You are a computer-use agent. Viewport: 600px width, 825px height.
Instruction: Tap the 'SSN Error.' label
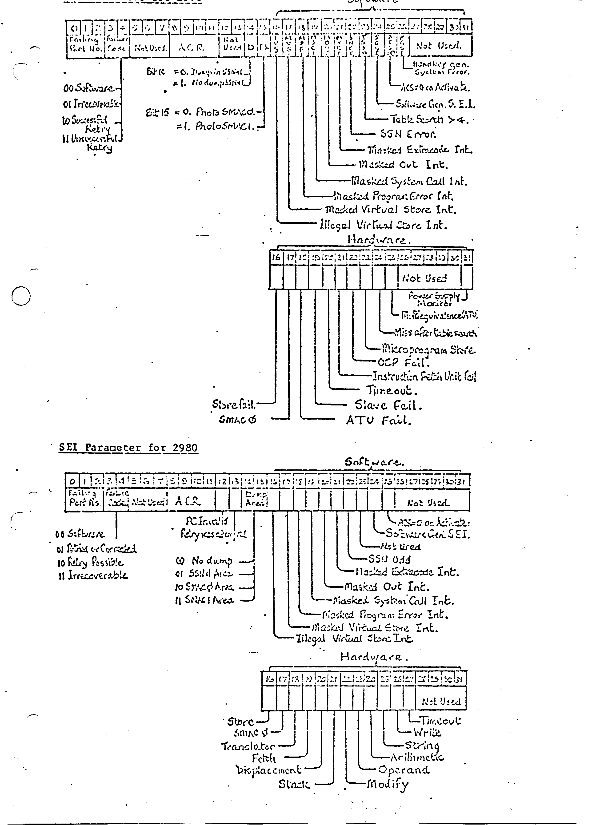click(408, 134)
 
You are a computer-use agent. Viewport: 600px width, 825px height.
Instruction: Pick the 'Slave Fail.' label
click(388, 405)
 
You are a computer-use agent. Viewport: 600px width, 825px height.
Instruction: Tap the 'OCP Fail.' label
click(404, 363)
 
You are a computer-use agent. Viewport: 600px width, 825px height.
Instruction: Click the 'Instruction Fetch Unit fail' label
click(424, 376)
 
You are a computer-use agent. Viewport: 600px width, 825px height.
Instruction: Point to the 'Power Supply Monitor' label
click(433, 299)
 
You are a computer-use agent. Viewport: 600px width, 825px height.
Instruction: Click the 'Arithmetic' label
click(417, 758)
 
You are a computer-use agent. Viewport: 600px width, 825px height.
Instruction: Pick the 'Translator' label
click(248, 746)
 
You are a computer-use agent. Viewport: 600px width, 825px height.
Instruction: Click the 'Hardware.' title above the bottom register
click(374, 657)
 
